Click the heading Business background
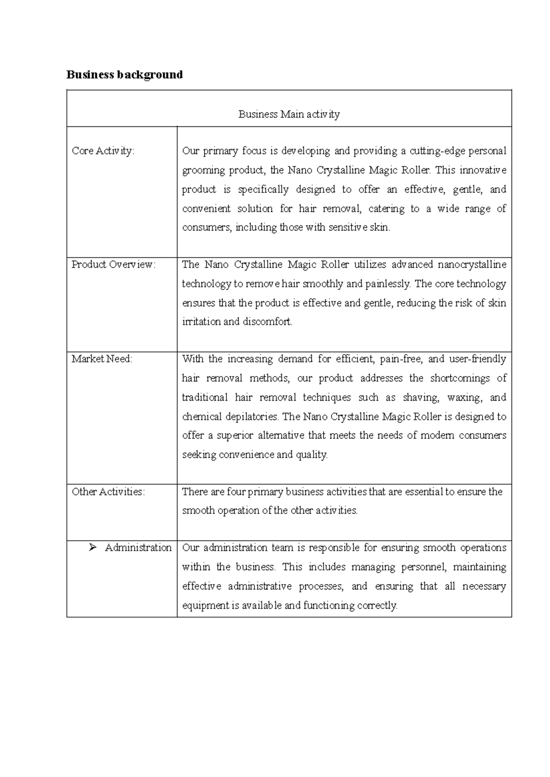(x=124, y=75)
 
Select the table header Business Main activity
(x=289, y=114)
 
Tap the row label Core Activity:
(x=103, y=151)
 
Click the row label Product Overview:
(x=114, y=265)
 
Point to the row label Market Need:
(x=102, y=359)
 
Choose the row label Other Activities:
(x=108, y=492)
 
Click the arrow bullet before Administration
(x=92, y=548)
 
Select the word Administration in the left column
(x=138, y=548)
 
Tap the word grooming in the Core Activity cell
(x=203, y=170)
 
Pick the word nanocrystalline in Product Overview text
(x=472, y=265)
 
